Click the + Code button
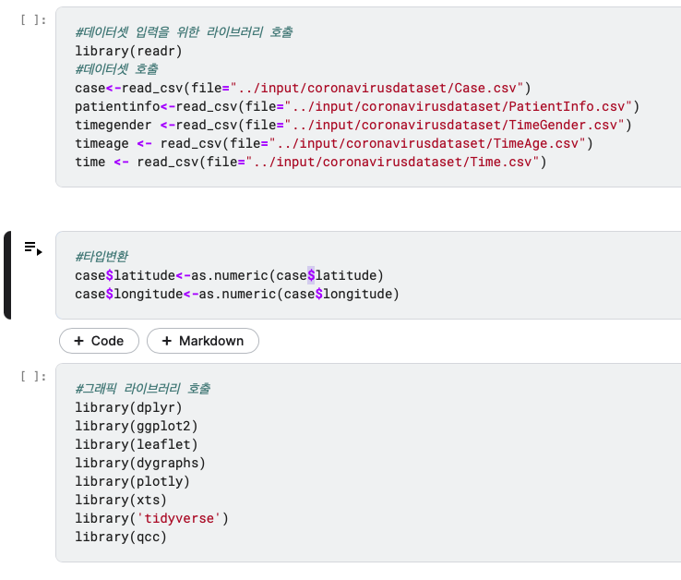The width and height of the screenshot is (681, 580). (99, 341)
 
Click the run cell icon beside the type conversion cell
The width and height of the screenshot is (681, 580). (33, 248)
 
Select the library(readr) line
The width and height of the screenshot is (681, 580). (128, 51)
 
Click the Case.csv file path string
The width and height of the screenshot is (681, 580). (393, 88)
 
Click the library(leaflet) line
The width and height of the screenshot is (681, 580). (137, 444)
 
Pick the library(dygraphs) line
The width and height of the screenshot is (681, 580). (140, 463)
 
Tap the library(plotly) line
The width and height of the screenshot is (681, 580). (133, 481)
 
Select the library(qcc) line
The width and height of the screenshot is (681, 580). (121, 537)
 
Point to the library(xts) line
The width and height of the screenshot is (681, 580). (121, 500)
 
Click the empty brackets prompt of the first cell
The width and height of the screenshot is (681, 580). (33, 18)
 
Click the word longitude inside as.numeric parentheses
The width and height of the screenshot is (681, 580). (358, 294)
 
